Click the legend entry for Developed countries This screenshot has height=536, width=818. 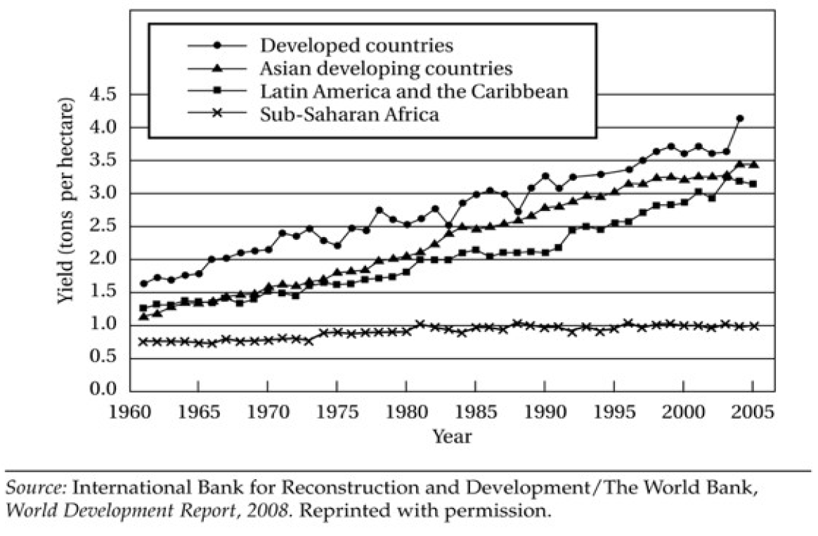pos(356,46)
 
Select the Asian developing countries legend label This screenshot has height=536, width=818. pos(386,69)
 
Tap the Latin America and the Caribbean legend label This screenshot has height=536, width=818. pos(414,91)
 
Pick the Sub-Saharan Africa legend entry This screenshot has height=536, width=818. pos(350,114)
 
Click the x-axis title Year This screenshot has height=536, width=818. pos(452,437)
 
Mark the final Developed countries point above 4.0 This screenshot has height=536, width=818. pos(739,118)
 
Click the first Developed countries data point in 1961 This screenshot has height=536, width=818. pos(144,283)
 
